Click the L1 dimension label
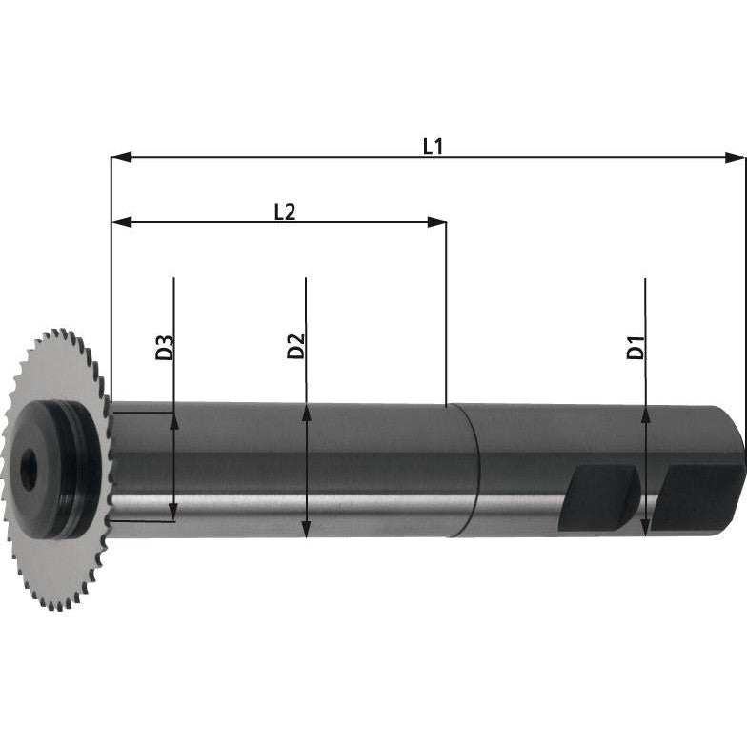click(x=433, y=146)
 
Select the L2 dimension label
click(x=284, y=212)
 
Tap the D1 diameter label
click(x=636, y=347)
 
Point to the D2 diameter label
click(x=295, y=347)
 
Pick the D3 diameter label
click(x=164, y=347)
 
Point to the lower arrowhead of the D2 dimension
click(x=306, y=530)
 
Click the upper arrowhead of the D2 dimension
click(x=306, y=412)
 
